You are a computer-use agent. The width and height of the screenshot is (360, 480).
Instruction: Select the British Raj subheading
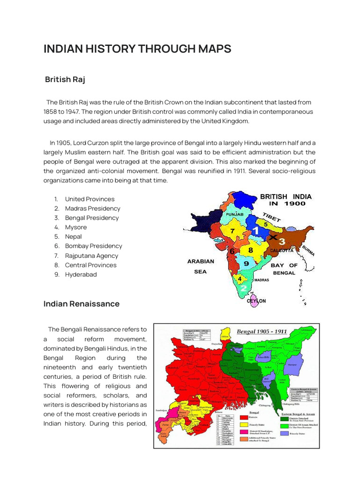(65, 79)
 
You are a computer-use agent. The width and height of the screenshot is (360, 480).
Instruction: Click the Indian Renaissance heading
(82, 304)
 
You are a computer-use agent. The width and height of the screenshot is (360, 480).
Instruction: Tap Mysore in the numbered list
(76, 227)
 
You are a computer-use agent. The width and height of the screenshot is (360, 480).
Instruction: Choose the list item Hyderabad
(81, 275)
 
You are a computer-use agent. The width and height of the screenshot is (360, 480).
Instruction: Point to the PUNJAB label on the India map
(235, 214)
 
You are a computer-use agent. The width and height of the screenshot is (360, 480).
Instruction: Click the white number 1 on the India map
(255, 230)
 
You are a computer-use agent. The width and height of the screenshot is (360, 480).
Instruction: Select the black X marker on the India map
(273, 238)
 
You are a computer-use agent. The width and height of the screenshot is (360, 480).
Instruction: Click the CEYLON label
(256, 301)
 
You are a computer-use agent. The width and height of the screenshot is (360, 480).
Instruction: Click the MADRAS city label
(261, 280)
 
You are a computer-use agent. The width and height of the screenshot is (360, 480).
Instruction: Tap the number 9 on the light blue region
(246, 263)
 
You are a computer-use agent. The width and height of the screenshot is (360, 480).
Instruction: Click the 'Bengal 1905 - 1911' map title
(262, 331)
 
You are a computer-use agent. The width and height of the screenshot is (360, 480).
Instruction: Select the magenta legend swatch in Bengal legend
(244, 432)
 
